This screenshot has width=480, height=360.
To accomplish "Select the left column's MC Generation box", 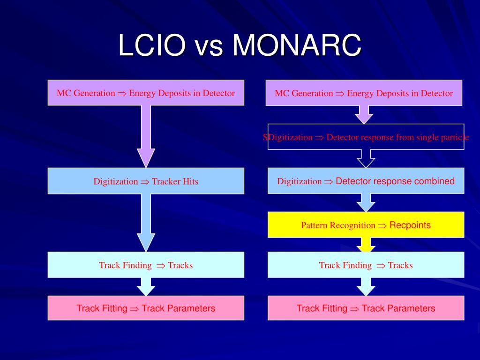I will (x=146, y=93).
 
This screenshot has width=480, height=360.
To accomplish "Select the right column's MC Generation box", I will (x=364, y=93).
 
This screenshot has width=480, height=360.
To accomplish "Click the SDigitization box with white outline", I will (x=366, y=137).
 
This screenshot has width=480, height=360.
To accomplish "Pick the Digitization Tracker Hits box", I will (x=146, y=181).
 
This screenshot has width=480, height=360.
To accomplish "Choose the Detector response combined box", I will (x=366, y=181).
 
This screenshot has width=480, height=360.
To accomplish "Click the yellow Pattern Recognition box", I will (x=366, y=225).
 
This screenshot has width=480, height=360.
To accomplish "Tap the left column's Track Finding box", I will (x=146, y=265).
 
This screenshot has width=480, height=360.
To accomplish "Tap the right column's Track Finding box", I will (x=366, y=265).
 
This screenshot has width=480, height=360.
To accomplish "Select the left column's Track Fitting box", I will (x=146, y=308).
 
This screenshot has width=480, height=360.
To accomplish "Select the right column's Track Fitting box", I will (x=366, y=308).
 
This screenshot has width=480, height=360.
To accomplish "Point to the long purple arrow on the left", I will (x=146, y=136).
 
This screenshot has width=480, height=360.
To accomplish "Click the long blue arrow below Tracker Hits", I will (x=146, y=223).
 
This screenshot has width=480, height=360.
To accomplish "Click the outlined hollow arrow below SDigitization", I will (x=366, y=158).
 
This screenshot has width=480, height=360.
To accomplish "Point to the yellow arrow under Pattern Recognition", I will (x=366, y=244).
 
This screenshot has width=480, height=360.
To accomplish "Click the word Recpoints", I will (x=410, y=225).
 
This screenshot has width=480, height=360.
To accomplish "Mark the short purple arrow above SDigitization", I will (x=364, y=114).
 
